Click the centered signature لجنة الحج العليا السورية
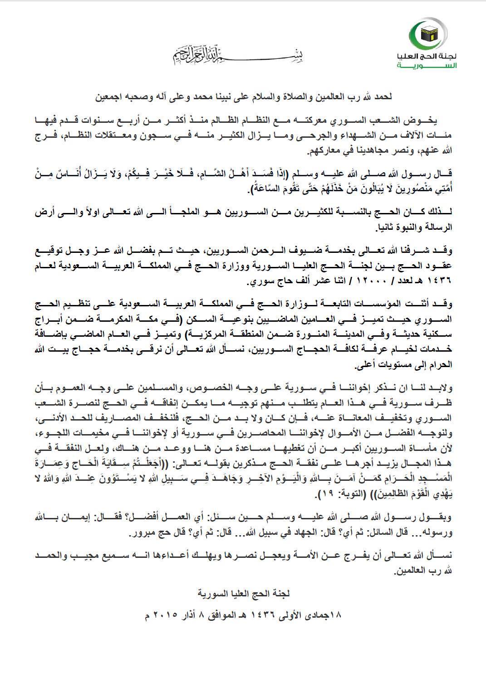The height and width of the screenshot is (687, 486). coord(243,593)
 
